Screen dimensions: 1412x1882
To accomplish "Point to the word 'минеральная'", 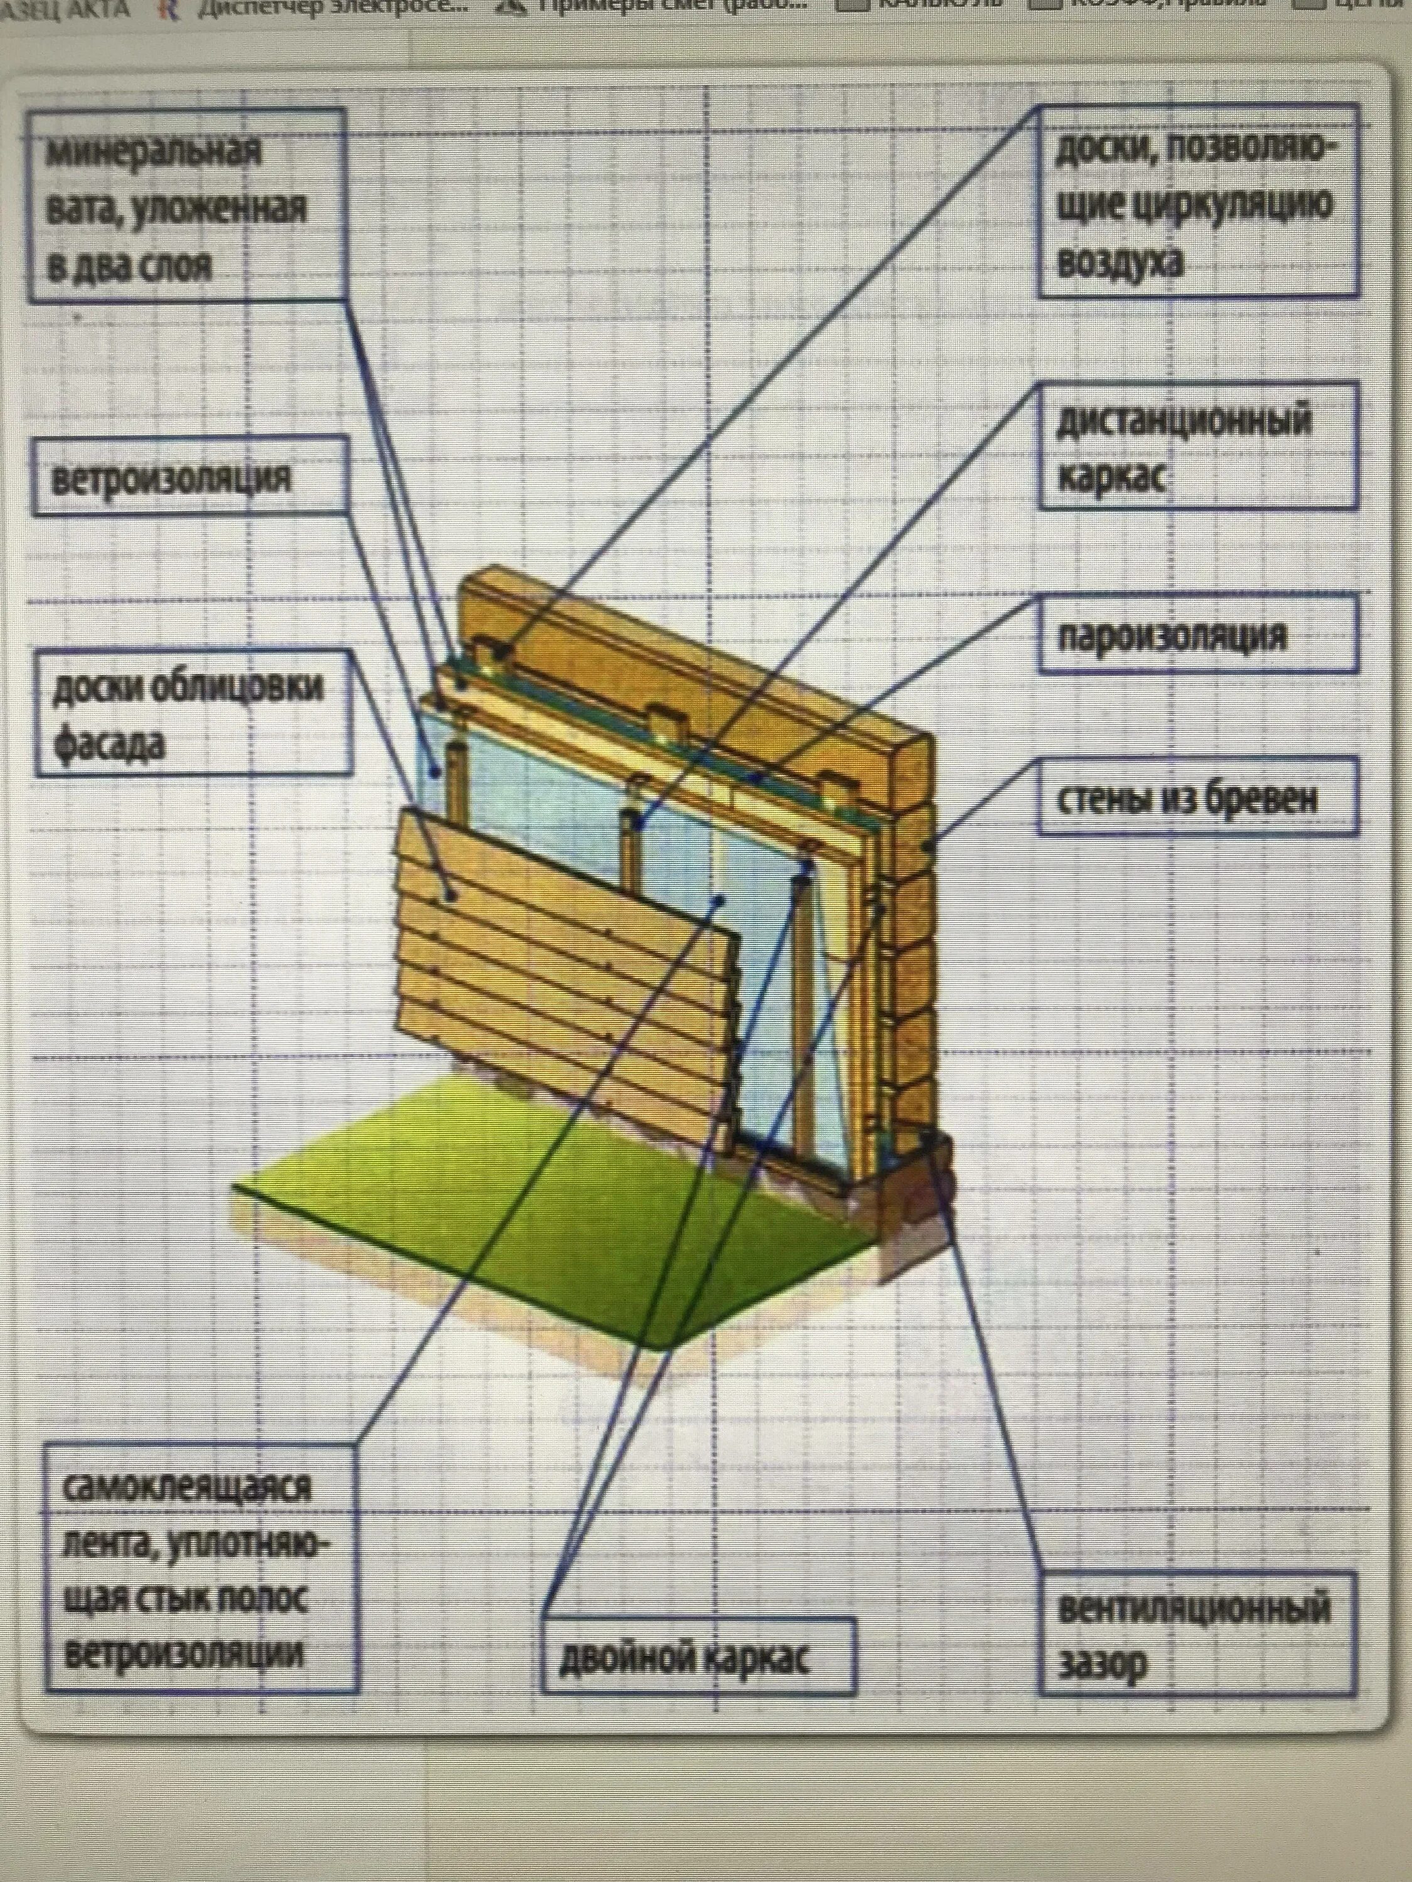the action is pos(153,152).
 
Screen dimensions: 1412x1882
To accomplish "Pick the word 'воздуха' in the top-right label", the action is pos(1118,261).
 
